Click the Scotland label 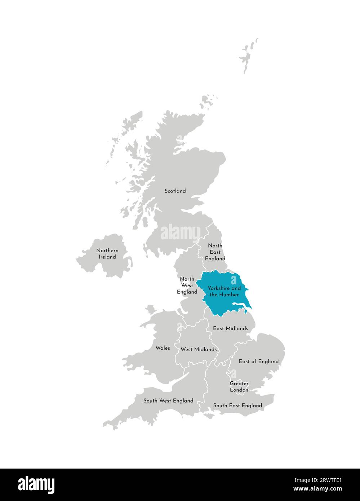(x=175, y=191)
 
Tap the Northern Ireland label (x=107, y=254)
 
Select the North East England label (x=215, y=252)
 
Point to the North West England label (x=187, y=285)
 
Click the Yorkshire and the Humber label (x=224, y=291)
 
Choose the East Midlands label (x=230, y=328)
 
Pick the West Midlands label (x=199, y=349)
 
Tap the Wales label (x=163, y=348)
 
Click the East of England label (x=259, y=361)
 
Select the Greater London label (x=239, y=387)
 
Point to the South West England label (x=168, y=400)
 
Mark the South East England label (x=237, y=405)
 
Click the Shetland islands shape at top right (x=248, y=56)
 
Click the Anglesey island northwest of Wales (x=150, y=309)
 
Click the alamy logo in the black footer (x=36, y=484)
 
